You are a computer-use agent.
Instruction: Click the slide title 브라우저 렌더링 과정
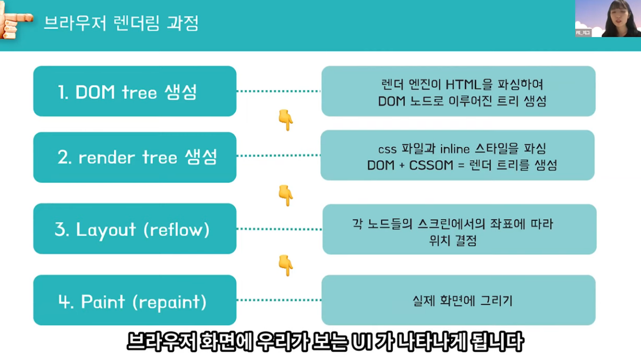[x=121, y=23]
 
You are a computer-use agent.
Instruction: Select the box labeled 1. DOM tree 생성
[x=134, y=91]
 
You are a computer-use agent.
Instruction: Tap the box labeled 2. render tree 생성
[x=134, y=157]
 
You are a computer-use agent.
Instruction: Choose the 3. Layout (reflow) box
[x=134, y=229]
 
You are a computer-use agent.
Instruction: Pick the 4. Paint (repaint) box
[x=134, y=301]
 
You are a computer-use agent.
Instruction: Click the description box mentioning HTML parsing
[x=458, y=91]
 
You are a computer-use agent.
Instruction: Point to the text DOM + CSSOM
[x=410, y=165]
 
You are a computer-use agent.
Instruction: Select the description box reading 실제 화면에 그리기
[x=458, y=301]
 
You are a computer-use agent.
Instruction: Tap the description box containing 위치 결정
[x=459, y=229]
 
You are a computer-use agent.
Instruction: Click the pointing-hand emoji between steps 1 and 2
[x=285, y=120]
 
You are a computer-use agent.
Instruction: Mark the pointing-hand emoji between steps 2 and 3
[x=285, y=194]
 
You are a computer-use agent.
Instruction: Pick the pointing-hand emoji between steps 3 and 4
[x=285, y=265]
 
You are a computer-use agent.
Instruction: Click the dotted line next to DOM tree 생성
[x=278, y=91]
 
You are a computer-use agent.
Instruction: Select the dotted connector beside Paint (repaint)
[x=278, y=300]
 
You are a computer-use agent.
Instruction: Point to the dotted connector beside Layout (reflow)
[x=278, y=229]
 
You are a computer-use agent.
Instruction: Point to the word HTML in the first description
[x=463, y=84]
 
